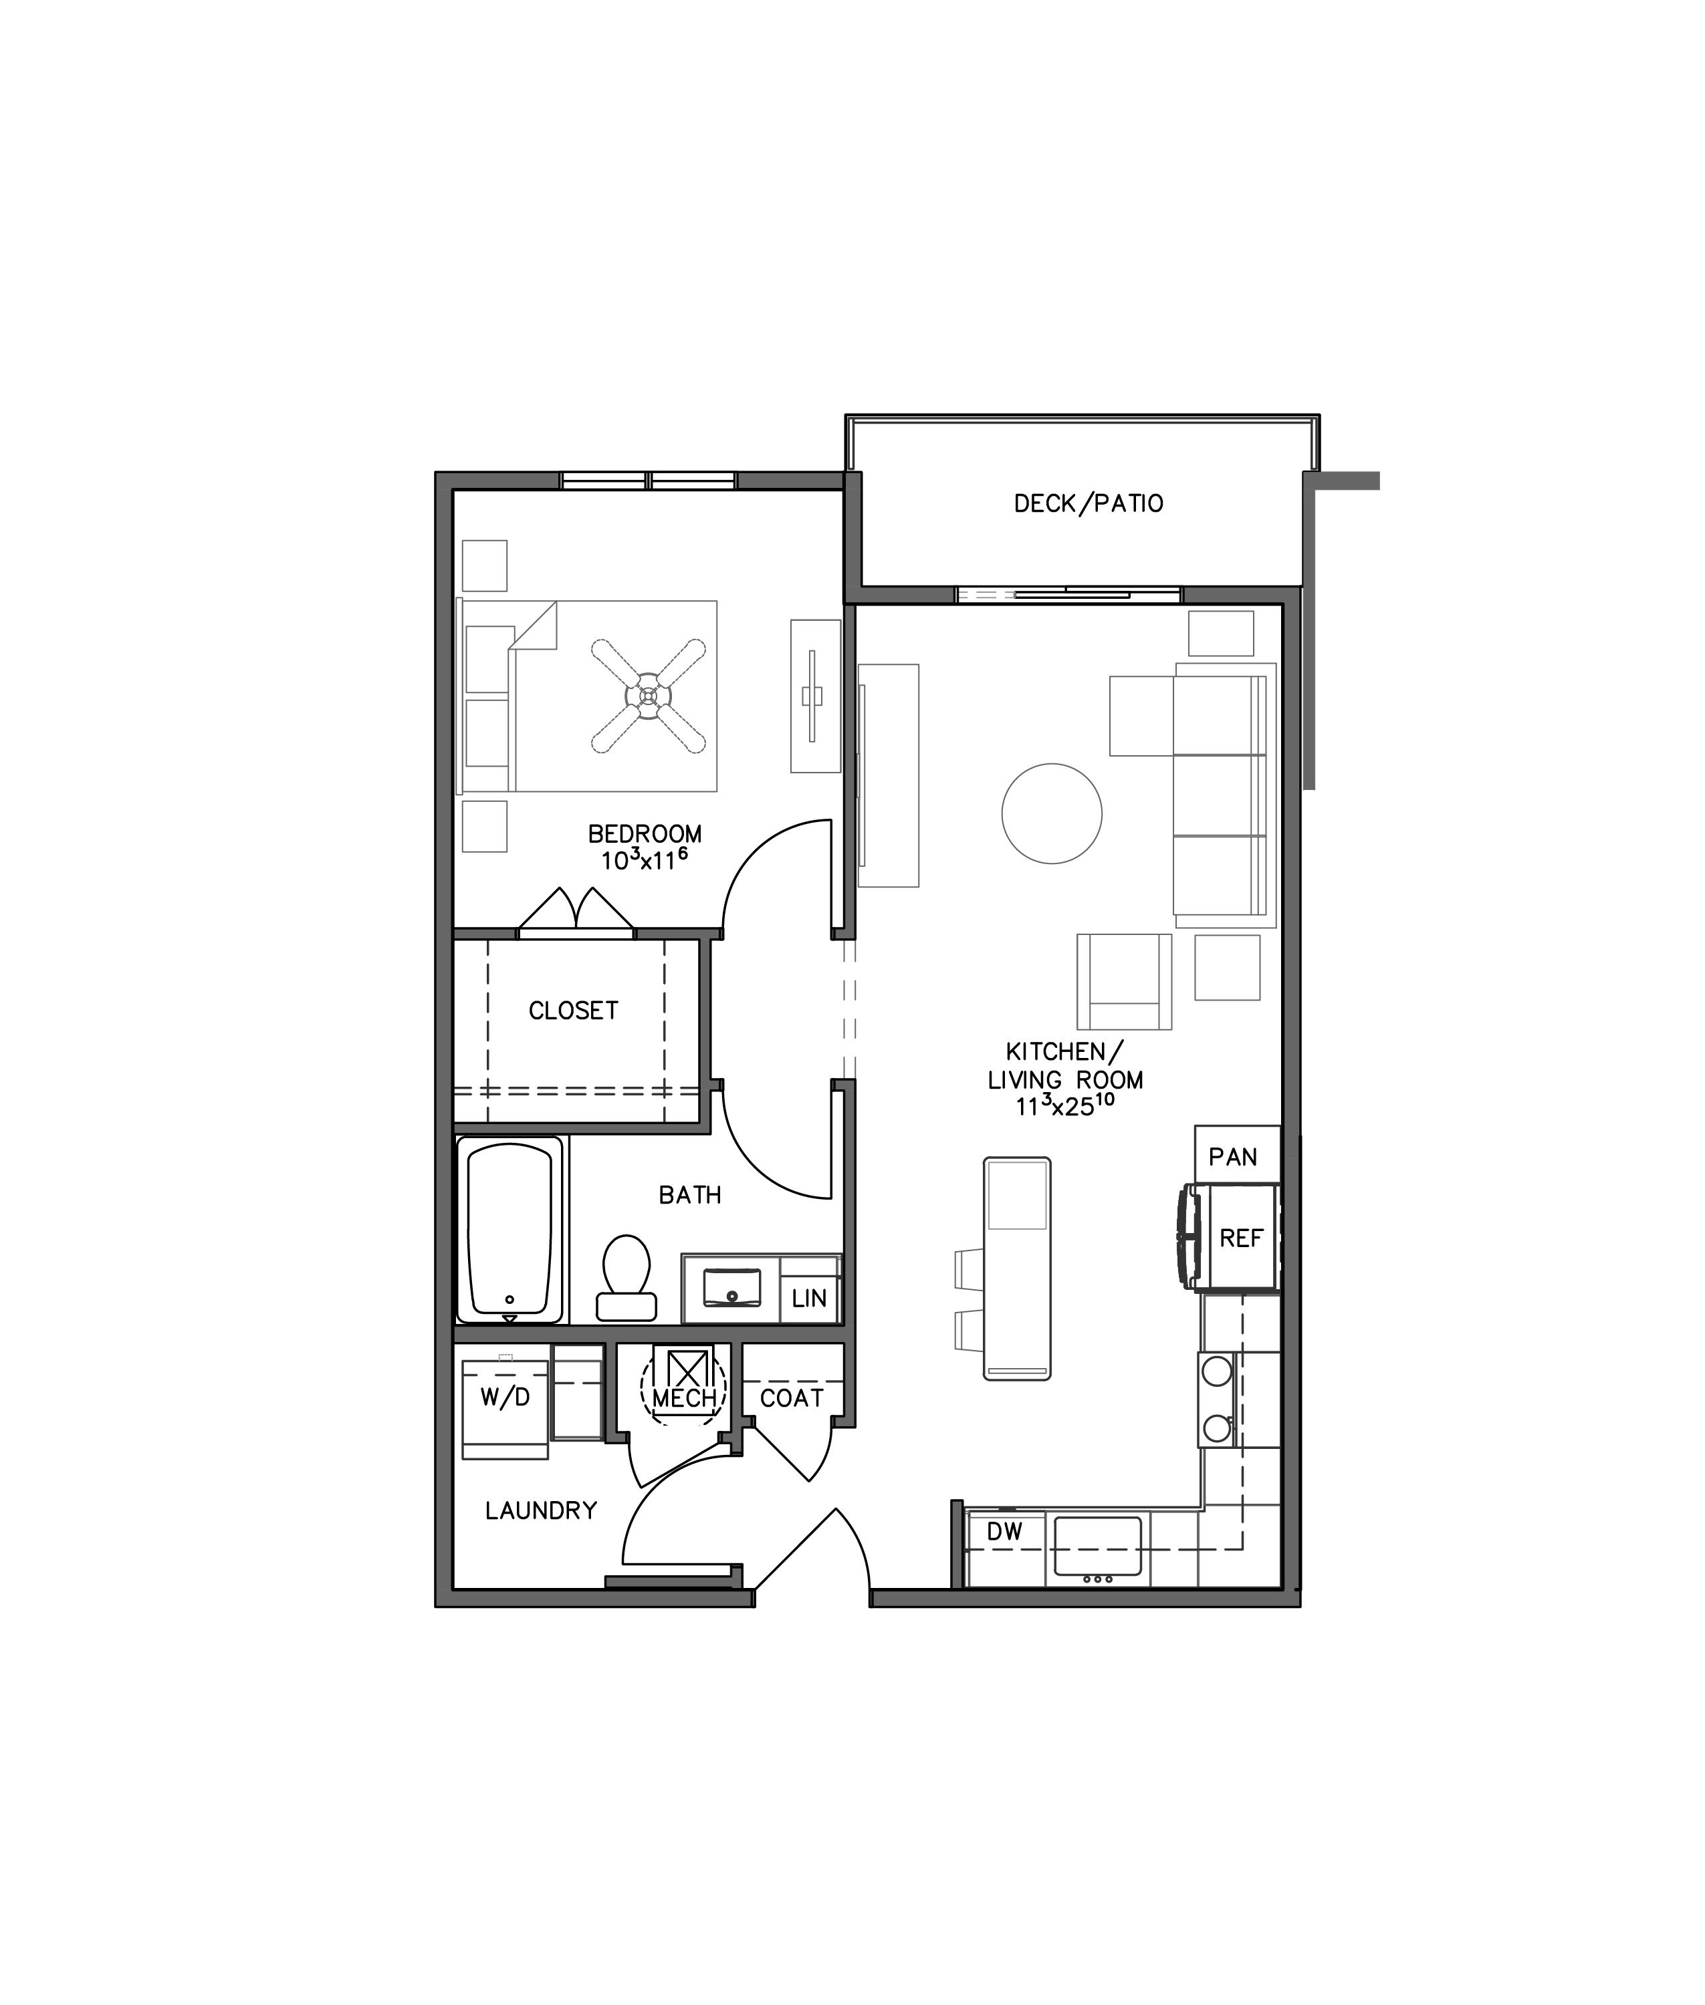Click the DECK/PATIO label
click(x=1089, y=503)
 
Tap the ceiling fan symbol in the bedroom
click(x=648, y=696)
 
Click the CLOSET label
click(x=573, y=1011)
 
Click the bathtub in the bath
click(x=509, y=1230)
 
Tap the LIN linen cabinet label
click(x=809, y=1299)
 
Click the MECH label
click(x=684, y=1398)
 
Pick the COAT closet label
click(x=792, y=1398)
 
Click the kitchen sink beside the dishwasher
click(x=1097, y=1546)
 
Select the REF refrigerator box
click(x=1240, y=1238)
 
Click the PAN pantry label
click(x=1234, y=1157)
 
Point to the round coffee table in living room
click(x=1052, y=813)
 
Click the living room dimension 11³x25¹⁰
click(x=1064, y=1106)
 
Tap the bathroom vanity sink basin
click(x=731, y=1288)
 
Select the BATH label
click(x=690, y=1195)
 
